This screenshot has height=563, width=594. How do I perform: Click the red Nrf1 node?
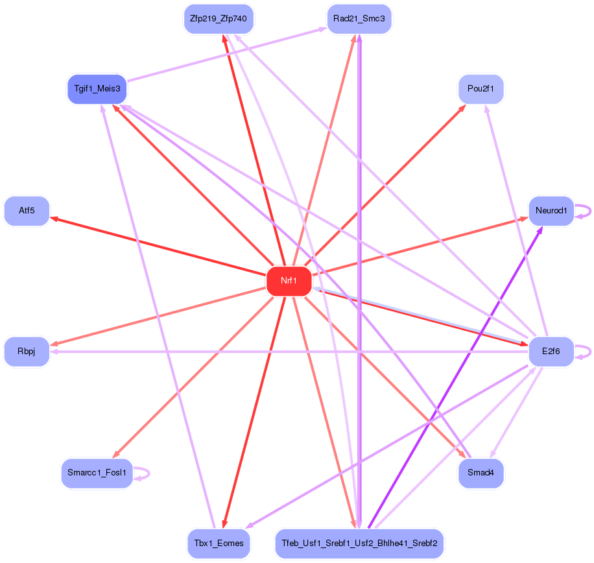point(289,281)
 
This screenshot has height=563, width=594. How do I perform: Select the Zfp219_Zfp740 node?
point(219,18)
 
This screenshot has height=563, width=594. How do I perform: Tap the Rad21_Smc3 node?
point(359,18)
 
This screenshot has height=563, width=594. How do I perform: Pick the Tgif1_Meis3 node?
point(96,88)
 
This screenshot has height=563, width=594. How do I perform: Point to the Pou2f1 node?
point(481,88)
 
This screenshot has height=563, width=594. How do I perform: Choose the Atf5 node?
point(27,211)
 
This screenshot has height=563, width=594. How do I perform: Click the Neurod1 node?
point(551,211)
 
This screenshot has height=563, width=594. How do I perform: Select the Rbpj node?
point(27,352)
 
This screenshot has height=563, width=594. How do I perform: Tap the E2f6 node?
point(551,352)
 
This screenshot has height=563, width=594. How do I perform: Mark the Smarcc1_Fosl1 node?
point(97,473)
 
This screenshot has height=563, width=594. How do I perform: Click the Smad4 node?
point(481,473)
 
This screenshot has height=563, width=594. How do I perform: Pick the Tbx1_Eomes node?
point(219,543)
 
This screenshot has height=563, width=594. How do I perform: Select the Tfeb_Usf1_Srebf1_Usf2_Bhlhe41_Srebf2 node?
point(359,543)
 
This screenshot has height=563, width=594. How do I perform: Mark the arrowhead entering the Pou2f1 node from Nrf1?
point(462,107)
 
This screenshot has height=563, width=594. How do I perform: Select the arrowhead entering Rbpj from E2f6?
point(54,352)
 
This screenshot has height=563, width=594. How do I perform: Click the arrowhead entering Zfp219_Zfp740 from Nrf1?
point(224,38)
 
